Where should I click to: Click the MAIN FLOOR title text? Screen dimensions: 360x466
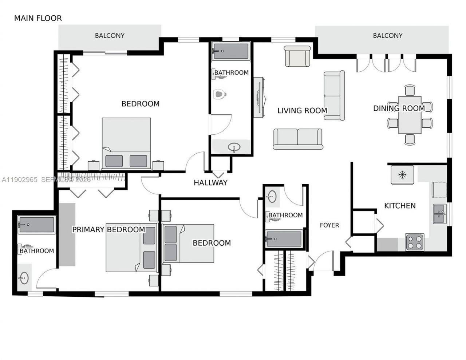(x=38, y=18)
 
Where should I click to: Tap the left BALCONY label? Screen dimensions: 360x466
(x=110, y=35)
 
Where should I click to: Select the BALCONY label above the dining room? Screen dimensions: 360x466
(x=387, y=35)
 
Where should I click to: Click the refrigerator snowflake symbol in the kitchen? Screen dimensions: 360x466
(x=402, y=175)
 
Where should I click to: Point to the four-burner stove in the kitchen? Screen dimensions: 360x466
(x=415, y=242)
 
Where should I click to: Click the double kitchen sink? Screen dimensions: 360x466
(x=439, y=214)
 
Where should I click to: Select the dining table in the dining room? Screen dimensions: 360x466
(x=410, y=115)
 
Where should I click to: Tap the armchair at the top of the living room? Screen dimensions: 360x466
(x=297, y=56)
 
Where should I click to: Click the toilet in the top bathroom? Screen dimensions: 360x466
(x=220, y=95)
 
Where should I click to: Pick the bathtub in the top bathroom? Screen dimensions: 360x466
(x=231, y=51)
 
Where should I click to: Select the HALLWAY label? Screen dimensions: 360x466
(x=210, y=183)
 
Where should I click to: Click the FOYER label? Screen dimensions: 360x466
(x=329, y=225)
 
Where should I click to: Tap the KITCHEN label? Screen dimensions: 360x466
(x=400, y=206)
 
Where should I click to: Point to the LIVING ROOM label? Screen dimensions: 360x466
(x=302, y=110)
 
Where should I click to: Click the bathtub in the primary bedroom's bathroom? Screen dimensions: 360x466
(x=36, y=225)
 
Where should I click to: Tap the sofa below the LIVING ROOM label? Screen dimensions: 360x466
(x=298, y=139)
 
